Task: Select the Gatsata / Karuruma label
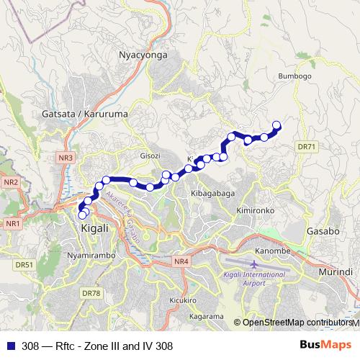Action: [x=76, y=114]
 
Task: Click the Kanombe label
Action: [x=272, y=251]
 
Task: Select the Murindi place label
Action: [x=336, y=272]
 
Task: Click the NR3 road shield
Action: [x=66, y=157]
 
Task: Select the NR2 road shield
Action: [x=10, y=182]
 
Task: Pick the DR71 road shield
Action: [x=306, y=147]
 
